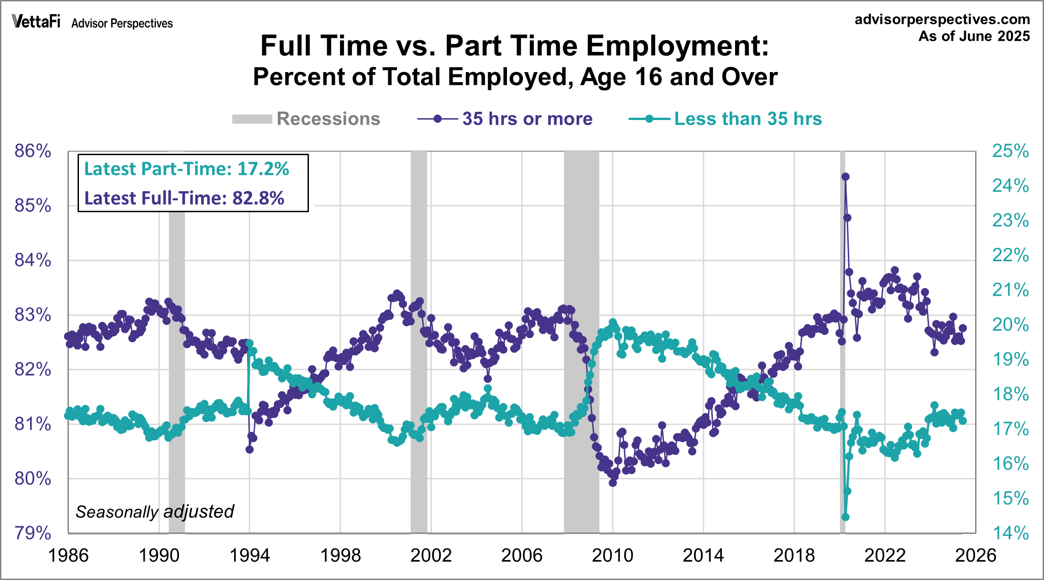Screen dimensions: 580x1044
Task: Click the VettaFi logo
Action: click(36, 21)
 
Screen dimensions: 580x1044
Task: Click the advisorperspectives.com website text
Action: click(942, 19)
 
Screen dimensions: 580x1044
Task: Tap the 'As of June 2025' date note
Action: click(974, 36)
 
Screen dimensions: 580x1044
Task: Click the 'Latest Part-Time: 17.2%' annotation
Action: click(187, 169)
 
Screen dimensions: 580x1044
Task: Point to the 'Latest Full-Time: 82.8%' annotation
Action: click(184, 198)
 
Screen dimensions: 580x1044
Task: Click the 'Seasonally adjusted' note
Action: click(155, 512)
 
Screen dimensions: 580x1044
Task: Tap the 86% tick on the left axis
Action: click(32, 151)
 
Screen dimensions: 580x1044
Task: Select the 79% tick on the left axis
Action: click(32, 533)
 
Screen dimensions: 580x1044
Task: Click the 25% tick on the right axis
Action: click(1010, 151)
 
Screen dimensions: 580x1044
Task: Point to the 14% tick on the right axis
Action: click(1010, 533)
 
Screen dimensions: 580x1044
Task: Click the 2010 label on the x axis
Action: click(612, 555)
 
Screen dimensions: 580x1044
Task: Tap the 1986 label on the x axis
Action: click(68, 555)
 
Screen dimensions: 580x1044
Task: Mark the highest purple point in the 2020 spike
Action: click(846, 177)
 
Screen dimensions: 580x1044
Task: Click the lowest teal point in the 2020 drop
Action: click(846, 517)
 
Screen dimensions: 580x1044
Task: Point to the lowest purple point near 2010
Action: click(613, 483)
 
